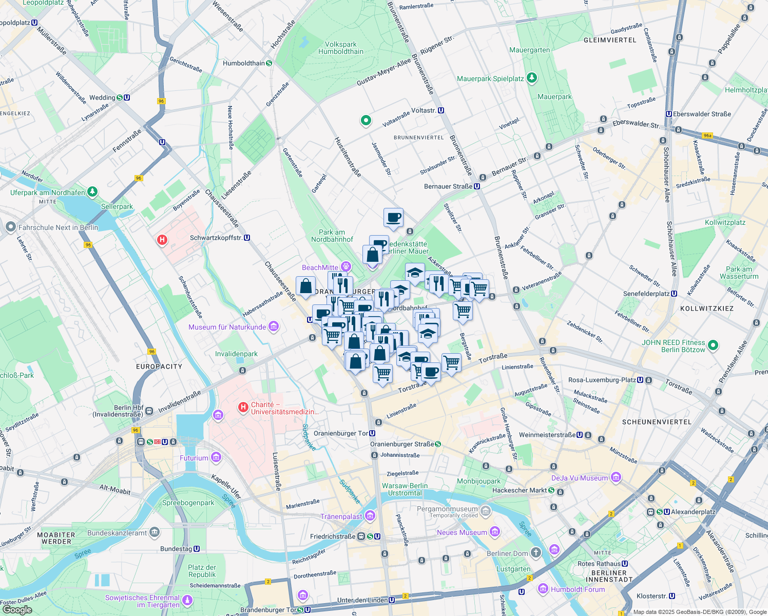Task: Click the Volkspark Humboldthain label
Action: point(340,48)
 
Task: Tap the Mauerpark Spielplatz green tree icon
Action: point(532,78)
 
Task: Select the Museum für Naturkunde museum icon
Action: point(274,326)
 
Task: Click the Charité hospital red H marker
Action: point(243,408)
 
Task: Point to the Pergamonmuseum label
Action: point(447,509)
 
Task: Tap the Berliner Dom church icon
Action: point(535,552)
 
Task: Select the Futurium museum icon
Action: point(216,457)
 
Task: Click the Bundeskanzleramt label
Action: point(117,533)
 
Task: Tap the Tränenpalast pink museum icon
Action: point(370,516)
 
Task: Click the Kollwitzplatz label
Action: point(725,222)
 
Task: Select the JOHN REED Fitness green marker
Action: point(713,345)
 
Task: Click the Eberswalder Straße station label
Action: point(702,114)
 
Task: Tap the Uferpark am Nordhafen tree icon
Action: point(92,192)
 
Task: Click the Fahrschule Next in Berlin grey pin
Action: point(10,227)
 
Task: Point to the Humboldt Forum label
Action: point(578,589)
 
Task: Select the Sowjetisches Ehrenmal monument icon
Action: point(187,600)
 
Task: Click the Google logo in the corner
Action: point(17,609)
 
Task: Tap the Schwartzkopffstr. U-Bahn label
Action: point(216,238)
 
